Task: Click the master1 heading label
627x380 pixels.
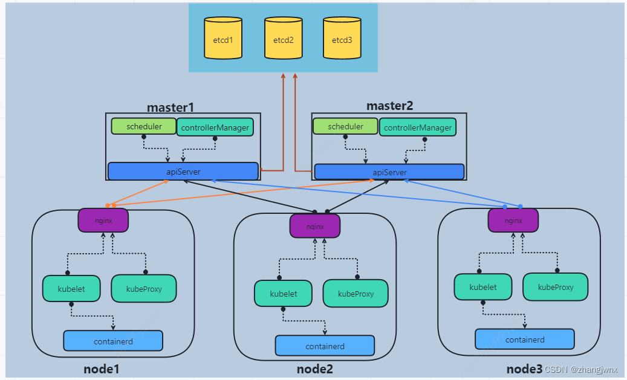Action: (x=171, y=108)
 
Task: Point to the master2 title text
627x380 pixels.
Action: (x=390, y=106)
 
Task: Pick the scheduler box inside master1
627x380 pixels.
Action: (x=144, y=127)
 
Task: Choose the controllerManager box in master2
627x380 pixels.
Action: (x=418, y=127)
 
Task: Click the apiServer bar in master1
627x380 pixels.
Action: (x=183, y=172)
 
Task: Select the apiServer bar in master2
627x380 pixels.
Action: (x=389, y=172)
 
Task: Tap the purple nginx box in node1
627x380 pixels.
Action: (x=103, y=221)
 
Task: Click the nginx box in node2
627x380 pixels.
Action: (x=315, y=227)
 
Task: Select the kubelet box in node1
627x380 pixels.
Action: (x=71, y=289)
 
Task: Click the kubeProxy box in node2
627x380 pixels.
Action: (x=356, y=294)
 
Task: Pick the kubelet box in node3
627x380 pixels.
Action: (x=482, y=287)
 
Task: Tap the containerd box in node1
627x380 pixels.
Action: (x=113, y=341)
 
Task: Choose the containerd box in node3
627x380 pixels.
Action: (x=525, y=340)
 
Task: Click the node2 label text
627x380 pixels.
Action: (x=314, y=369)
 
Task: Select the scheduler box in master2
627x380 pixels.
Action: (x=346, y=127)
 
